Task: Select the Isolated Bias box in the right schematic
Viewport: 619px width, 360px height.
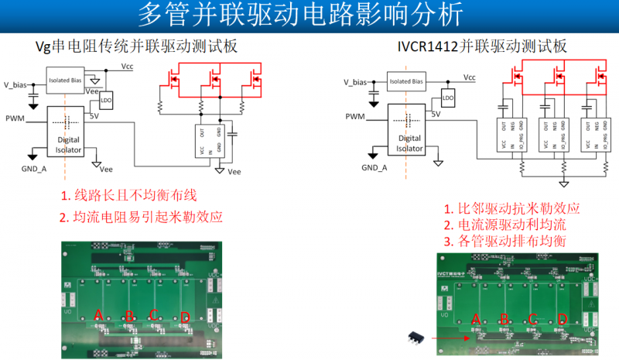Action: [405, 81]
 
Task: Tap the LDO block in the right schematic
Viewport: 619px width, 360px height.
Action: [447, 98]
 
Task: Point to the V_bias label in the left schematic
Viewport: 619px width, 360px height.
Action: [18, 83]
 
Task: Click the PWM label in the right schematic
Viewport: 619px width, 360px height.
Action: [355, 116]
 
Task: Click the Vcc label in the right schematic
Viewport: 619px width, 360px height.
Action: [469, 77]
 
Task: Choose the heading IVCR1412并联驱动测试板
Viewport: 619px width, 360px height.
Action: [481, 47]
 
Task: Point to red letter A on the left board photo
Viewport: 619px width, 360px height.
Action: [98, 314]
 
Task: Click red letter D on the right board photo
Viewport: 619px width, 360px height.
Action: [562, 318]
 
